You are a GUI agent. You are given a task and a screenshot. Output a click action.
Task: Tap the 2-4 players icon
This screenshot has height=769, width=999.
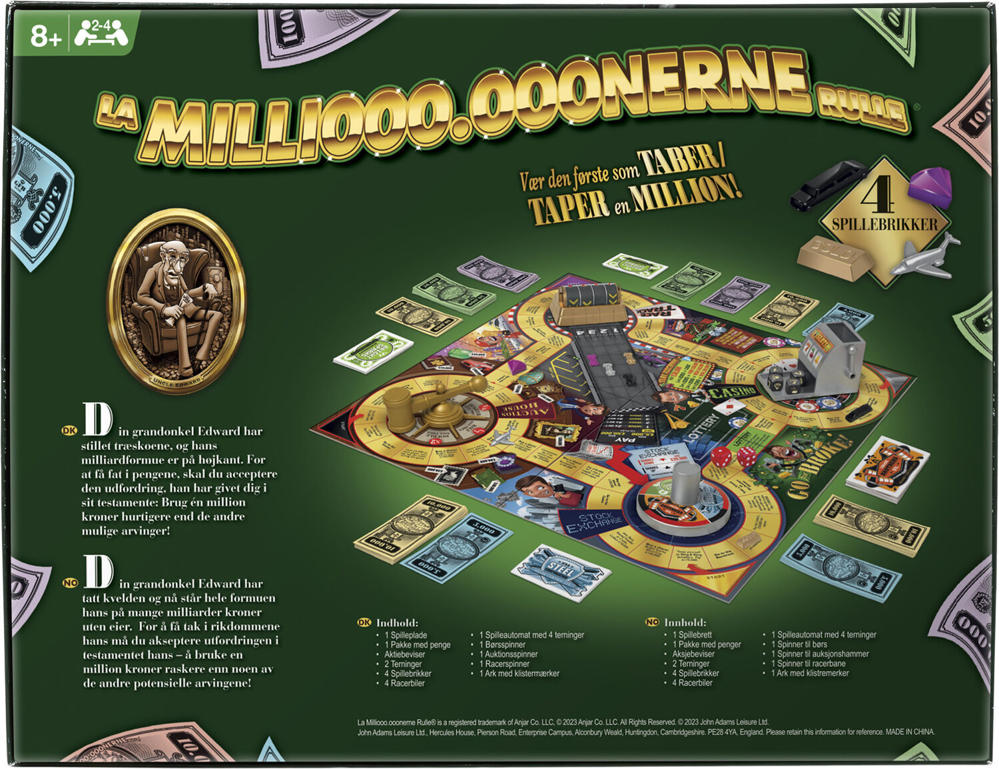click(x=101, y=33)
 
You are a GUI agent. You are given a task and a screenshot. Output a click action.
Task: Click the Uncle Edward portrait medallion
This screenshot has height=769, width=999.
click(x=176, y=301)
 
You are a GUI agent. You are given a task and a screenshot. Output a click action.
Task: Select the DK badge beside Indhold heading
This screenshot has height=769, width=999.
click(x=364, y=622)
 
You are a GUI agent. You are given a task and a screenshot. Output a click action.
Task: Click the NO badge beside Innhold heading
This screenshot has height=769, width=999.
click(x=652, y=622)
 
